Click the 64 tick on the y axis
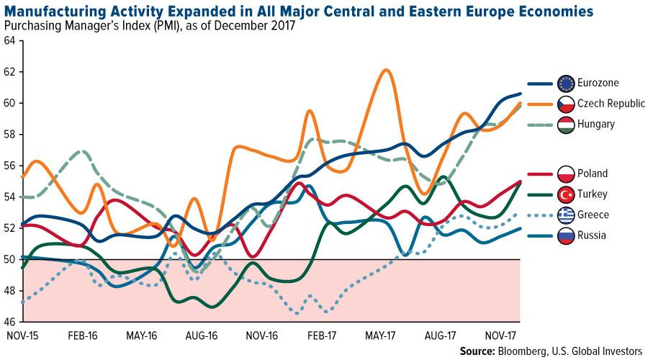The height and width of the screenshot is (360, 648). point(9,41)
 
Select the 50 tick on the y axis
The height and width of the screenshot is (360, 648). point(9,259)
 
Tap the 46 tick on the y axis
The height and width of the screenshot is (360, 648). point(9,321)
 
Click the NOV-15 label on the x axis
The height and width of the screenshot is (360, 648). point(22,335)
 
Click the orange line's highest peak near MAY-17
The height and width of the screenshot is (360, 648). point(386,70)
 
